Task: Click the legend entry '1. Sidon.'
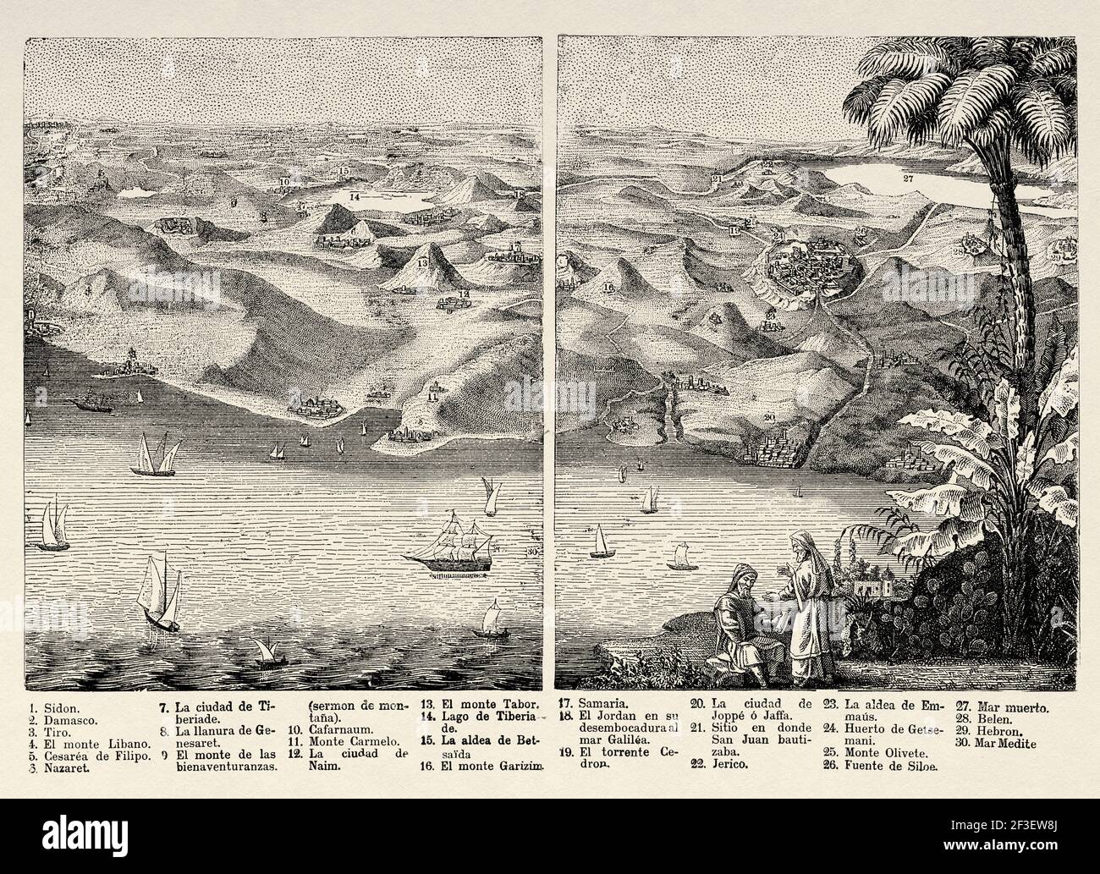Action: click(52, 702)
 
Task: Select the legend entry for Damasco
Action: click(58, 715)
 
